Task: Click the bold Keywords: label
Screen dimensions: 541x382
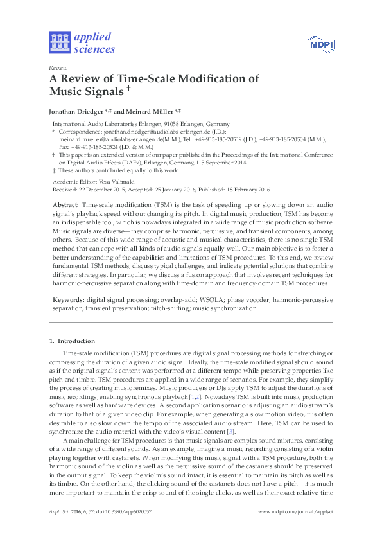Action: coord(67,299)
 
